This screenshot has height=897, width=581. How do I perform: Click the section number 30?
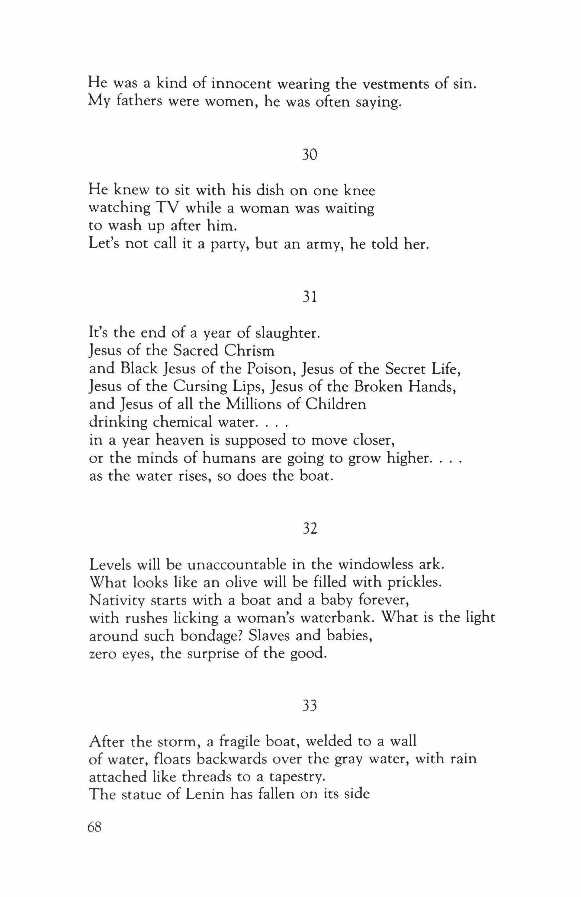coord(309,155)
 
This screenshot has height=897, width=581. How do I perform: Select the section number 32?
coord(309,529)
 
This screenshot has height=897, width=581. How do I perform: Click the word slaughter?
coord(288,333)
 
